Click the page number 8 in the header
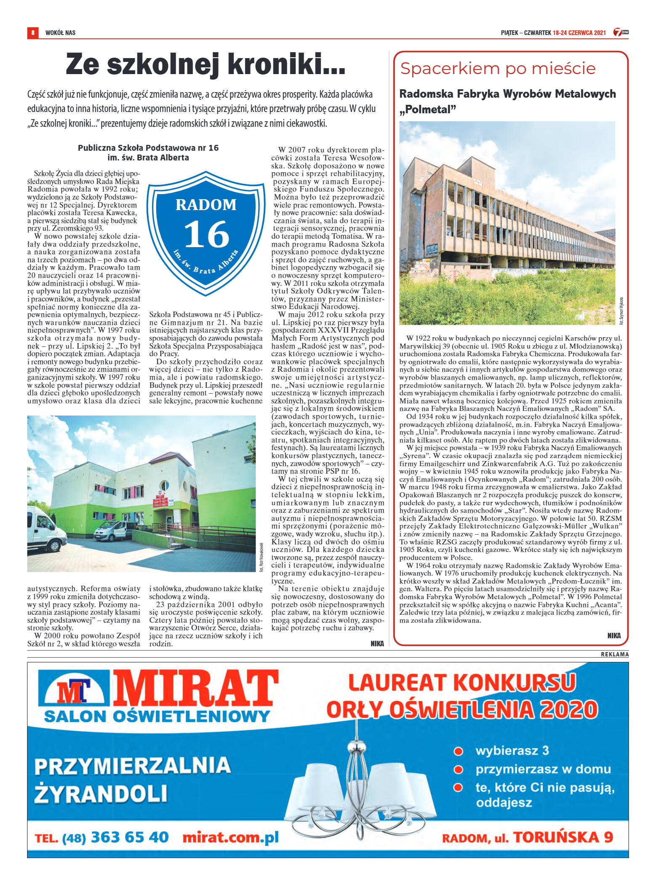pos(32,32)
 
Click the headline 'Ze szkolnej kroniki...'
pos(205,64)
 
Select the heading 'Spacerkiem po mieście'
pos(498,68)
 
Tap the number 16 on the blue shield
pos(206,235)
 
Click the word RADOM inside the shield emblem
pos(206,205)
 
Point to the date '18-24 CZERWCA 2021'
pos(579,32)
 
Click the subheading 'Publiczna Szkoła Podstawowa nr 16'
pos(148,148)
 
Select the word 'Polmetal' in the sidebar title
pos(428,109)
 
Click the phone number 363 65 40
pos(130,837)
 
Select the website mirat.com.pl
pos(230,837)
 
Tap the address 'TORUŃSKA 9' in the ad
pos(563,837)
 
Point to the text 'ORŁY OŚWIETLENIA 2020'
pos(462,709)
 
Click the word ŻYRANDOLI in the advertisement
pos(101,793)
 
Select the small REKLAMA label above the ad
pos(614,654)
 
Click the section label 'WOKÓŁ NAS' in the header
pos(60,32)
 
